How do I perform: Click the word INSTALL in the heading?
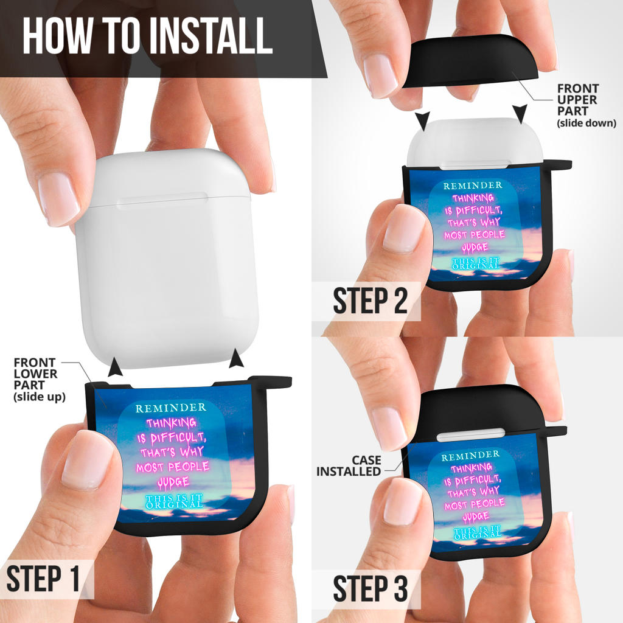click(x=211, y=36)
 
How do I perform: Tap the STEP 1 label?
click(x=43, y=579)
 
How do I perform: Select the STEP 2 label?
click(x=371, y=301)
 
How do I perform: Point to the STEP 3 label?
click(x=371, y=588)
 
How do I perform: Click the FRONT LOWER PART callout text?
click(x=40, y=380)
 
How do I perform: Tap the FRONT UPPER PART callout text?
click(x=586, y=105)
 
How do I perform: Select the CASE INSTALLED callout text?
click(x=349, y=465)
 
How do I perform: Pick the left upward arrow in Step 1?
click(x=115, y=367)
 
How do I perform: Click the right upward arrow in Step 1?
click(x=237, y=358)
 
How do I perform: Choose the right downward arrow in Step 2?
click(x=520, y=114)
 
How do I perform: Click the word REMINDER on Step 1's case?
click(x=171, y=408)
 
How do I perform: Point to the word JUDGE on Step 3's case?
click(x=476, y=517)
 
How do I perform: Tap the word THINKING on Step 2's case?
click(x=473, y=198)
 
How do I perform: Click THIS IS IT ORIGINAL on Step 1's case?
click(x=174, y=501)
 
